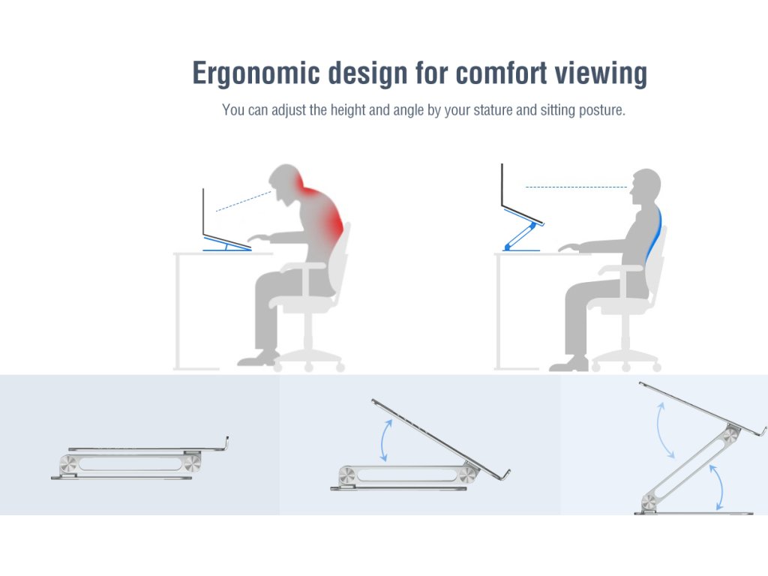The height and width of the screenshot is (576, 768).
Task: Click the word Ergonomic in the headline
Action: click(256, 74)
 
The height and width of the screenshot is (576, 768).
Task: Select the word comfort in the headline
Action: click(501, 73)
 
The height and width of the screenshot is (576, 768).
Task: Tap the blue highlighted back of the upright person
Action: click(655, 232)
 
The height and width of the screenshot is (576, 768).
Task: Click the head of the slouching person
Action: click(286, 182)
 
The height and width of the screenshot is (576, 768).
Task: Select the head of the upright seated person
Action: click(646, 187)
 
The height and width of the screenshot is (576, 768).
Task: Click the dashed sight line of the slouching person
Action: click(244, 201)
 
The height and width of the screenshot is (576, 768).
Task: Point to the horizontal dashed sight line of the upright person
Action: click(576, 187)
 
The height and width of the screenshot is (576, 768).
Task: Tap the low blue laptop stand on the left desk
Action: click(227, 244)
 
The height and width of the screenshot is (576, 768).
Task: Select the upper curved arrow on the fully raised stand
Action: click(665, 430)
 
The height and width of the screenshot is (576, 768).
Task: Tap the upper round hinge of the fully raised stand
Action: click(730, 434)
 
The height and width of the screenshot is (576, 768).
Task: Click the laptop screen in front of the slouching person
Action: click(203, 211)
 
